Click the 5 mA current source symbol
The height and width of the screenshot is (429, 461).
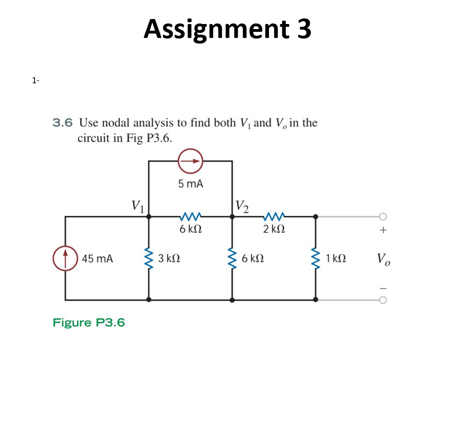click(x=190, y=161)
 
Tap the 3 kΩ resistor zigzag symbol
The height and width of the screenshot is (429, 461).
click(x=148, y=258)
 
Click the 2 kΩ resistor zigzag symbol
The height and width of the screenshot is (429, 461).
click(x=274, y=217)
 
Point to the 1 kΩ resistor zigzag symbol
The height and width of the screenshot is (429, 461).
click(x=315, y=258)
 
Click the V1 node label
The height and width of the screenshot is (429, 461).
click(x=137, y=204)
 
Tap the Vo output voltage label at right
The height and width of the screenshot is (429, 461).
click(x=383, y=259)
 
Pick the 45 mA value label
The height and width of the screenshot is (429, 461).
click(x=97, y=259)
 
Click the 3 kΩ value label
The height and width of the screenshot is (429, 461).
click(x=169, y=259)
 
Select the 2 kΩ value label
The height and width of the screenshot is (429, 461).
click(x=274, y=229)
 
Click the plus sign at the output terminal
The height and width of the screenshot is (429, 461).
click(x=383, y=229)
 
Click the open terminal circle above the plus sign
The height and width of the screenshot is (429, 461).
click(x=383, y=217)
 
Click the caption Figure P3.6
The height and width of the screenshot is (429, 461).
click(x=89, y=322)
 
